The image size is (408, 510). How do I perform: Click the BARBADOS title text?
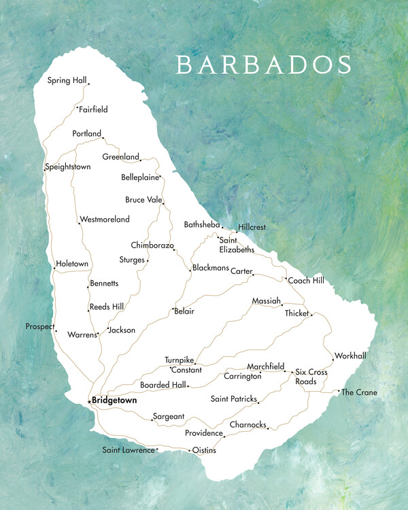click(x=264, y=64)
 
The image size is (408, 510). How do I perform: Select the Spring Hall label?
click(x=67, y=80)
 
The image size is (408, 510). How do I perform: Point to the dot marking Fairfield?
click(x=78, y=107)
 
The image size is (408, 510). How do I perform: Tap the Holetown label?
click(x=73, y=263)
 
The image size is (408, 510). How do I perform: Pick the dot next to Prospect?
click(x=56, y=331)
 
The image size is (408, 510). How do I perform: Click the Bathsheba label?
click(x=202, y=224)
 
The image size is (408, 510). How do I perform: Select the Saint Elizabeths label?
click(x=236, y=244)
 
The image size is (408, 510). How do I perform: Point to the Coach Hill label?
click(x=306, y=280)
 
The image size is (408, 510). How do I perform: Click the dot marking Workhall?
click(x=333, y=359)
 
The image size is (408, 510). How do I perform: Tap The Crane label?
click(x=359, y=392)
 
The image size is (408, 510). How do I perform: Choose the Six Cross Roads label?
click(x=311, y=377)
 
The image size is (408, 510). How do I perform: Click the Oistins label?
click(x=205, y=449)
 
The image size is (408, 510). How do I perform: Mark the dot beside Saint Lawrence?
click(x=157, y=449)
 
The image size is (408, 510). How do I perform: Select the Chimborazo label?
click(x=152, y=245)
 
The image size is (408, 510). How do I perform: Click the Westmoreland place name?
click(x=105, y=220)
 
